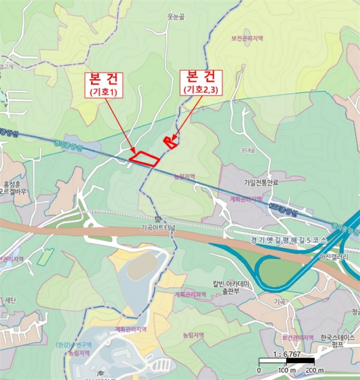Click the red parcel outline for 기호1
pos(144,158)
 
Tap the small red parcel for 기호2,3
pos(170,142)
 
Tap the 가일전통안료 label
pos(264,183)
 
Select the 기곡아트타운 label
pos(159,227)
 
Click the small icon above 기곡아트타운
pos(158,219)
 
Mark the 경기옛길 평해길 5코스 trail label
pos(282,240)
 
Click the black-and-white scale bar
pos(286,361)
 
